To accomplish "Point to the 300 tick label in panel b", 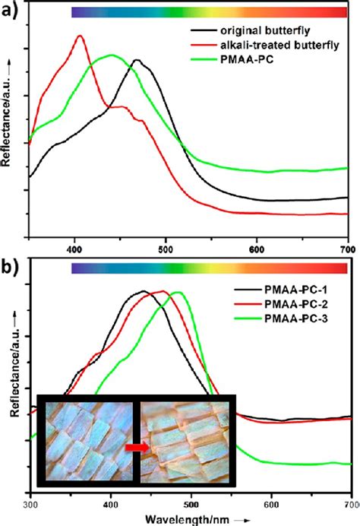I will [x=31, y=503].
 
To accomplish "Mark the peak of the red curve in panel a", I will [x=80, y=36].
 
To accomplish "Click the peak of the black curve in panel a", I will [x=137, y=60].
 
